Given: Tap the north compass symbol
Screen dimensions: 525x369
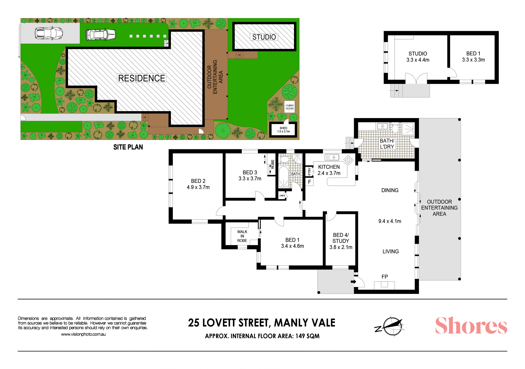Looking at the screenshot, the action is [389, 326].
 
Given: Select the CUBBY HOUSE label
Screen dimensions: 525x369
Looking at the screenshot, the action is [290, 107].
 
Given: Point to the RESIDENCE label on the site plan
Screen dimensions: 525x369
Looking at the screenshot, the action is [142, 78].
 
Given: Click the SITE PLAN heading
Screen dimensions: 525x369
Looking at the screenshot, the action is [128, 147].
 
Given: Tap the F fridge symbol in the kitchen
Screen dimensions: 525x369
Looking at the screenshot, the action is [310, 182].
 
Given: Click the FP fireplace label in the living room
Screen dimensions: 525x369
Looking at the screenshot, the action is [385, 277].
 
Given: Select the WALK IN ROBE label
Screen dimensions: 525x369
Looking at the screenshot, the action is [242, 236].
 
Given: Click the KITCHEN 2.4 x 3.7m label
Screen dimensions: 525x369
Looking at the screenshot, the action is [329, 170].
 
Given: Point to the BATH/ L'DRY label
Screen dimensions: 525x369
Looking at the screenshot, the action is [387, 144].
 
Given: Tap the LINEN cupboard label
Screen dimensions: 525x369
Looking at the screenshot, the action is [282, 195].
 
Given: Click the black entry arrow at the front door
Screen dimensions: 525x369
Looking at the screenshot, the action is [353, 282].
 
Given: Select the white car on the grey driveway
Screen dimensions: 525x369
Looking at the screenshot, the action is [49, 33].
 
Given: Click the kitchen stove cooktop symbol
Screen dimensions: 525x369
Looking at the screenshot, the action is [349, 160].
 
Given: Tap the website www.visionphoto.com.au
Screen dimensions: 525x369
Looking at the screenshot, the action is [83, 334].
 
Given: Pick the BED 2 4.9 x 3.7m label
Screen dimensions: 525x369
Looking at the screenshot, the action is [198, 184].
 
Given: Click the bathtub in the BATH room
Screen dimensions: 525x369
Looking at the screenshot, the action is [284, 177].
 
